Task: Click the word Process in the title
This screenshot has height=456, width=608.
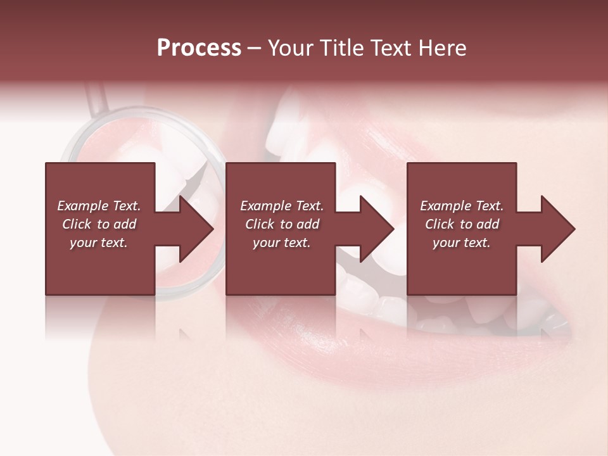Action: pos(199,48)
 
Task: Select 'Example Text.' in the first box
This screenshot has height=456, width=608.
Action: pos(99,206)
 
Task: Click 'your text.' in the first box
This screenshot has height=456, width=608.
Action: pos(99,243)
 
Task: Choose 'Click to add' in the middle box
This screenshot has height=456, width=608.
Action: pos(282,224)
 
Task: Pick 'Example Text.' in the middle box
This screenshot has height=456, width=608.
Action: pos(282,206)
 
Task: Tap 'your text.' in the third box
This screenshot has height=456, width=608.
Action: pos(462,243)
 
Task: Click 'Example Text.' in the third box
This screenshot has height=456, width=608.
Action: pos(462,206)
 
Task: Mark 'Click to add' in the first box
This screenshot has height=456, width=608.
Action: pos(99,224)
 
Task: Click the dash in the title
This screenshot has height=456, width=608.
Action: pos(254,49)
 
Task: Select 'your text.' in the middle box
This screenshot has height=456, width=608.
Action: pos(282,243)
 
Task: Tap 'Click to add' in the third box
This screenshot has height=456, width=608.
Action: pos(462,224)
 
